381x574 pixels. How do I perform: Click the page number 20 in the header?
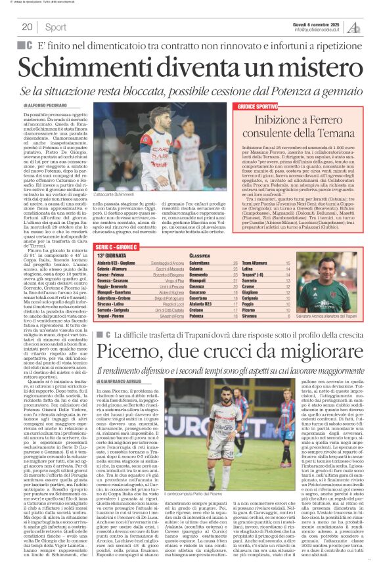pyautogui.click(x=28, y=27)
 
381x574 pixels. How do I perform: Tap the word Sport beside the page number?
pyautogui.click(x=56, y=27)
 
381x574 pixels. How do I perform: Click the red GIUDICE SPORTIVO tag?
pyautogui.click(x=258, y=106)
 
